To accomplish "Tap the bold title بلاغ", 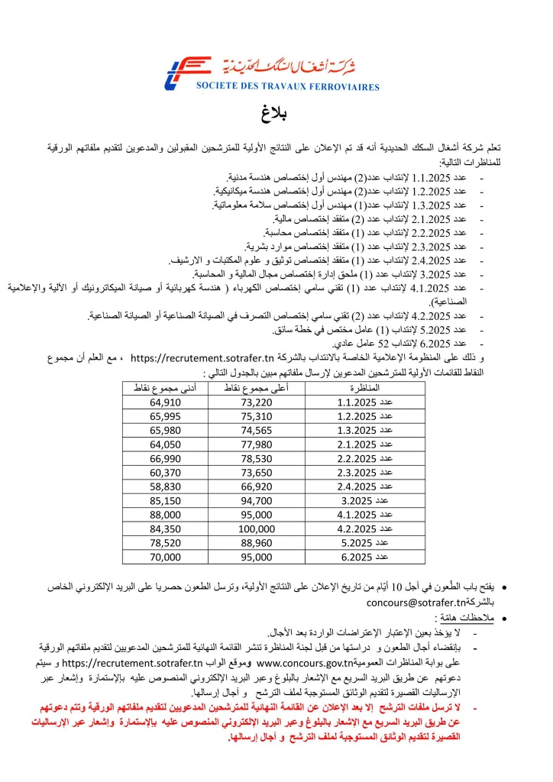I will pos(276,115).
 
